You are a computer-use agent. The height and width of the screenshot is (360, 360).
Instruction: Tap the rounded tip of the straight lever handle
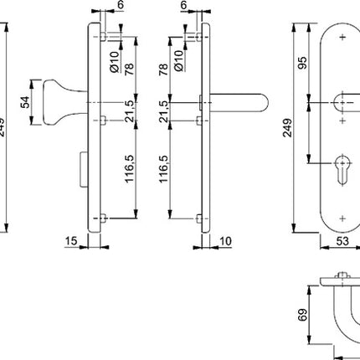(x=262, y=103)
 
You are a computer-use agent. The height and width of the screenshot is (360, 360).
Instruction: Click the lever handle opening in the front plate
(x=343, y=103)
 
